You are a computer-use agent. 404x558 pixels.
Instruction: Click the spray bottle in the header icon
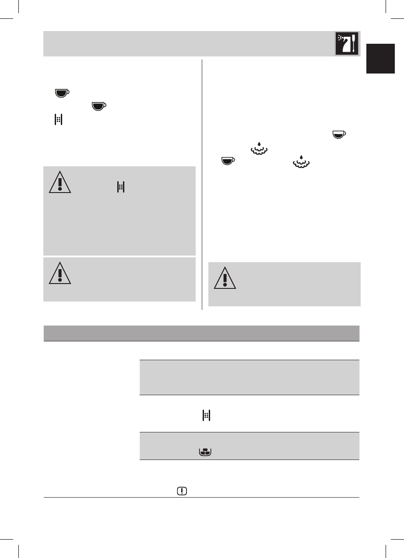(343, 45)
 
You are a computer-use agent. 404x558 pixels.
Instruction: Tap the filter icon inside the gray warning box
(120, 187)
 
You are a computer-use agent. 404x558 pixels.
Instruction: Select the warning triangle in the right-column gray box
(225, 278)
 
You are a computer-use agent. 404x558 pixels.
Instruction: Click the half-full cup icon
(338, 134)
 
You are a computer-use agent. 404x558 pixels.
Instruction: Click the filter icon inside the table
(207, 416)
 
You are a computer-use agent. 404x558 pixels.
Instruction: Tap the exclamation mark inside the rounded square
(181, 491)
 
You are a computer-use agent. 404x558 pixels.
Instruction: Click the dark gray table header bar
(201, 333)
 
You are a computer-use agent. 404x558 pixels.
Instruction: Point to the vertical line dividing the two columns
(202, 184)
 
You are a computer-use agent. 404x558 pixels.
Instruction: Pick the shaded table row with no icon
(249, 377)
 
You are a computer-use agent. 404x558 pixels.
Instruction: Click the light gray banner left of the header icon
(188, 43)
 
